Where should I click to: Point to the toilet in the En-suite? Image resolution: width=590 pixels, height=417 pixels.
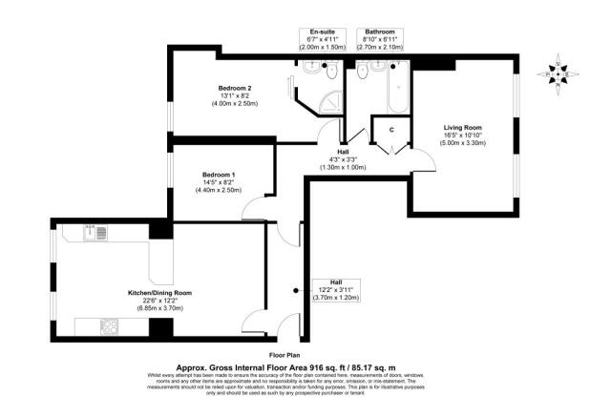click(330, 71)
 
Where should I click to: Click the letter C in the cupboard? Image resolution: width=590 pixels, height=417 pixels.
click(390, 130)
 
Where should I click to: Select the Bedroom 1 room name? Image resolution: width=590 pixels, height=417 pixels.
click(219, 175)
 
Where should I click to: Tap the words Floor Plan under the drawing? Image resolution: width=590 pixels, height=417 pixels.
click(292, 354)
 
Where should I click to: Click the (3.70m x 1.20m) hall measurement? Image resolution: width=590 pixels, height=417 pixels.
click(336, 298)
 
